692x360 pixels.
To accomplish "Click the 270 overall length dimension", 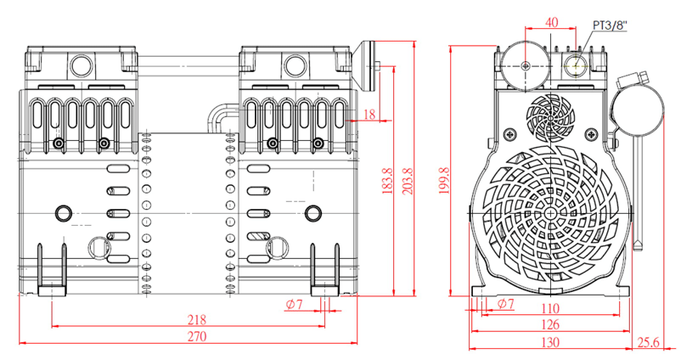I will (197, 336).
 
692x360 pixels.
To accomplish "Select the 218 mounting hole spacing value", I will (197, 319).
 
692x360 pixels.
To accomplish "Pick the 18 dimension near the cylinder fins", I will (369, 115).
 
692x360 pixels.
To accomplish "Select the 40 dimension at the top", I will (551, 22).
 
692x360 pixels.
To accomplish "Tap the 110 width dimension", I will (551, 309).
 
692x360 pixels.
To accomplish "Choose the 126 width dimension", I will (551, 324).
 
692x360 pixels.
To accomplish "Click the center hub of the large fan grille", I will (552, 214).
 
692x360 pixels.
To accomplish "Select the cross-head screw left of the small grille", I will (509, 133).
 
